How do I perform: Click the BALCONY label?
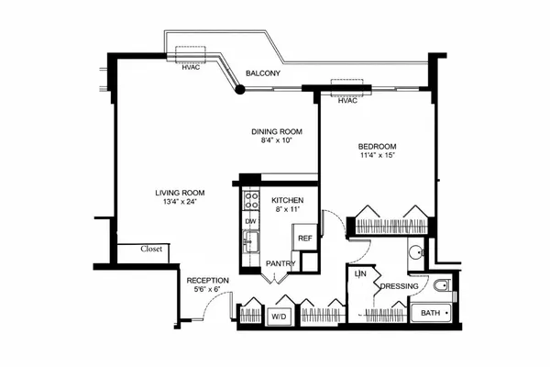point(263,73)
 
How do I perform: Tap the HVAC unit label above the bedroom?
point(347,101)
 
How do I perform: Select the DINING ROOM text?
point(277,131)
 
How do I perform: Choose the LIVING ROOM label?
point(179,193)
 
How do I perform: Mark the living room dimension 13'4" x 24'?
point(179,203)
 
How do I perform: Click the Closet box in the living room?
point(152,249)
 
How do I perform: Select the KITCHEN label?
point(287,199)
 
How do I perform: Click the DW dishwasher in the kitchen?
point(250,221)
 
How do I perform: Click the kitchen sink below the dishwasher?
point(250,243)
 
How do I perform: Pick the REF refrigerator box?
point(304,237)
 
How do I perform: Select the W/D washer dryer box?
point(277,317)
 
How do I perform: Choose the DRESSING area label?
point(400,285)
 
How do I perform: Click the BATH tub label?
point(429,314)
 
